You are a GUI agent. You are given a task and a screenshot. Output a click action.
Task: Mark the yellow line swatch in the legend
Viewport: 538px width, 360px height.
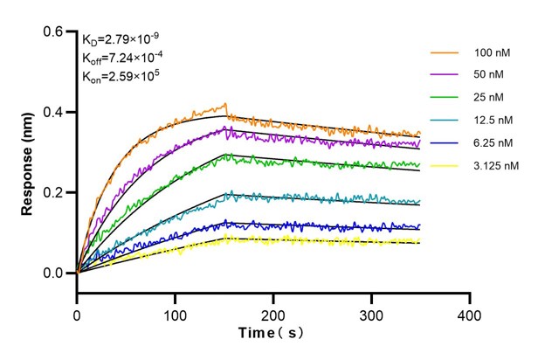pos(438,164)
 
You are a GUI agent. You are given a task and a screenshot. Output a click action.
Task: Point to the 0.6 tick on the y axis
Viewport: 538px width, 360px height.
pos(54,32)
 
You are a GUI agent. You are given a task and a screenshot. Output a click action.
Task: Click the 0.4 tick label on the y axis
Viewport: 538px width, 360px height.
pos(54,113)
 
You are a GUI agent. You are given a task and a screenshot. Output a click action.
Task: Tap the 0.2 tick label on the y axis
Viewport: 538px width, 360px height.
pos(54,193)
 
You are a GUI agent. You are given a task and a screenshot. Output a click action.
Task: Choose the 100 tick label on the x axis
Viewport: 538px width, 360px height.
pos(176,312)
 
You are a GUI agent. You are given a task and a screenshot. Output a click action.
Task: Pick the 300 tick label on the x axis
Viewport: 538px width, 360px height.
pos(372,312)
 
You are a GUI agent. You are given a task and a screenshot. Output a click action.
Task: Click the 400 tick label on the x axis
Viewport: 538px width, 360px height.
pos(470,312)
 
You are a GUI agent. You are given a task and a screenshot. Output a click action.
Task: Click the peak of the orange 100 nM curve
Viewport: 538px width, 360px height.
pos(225,104)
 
